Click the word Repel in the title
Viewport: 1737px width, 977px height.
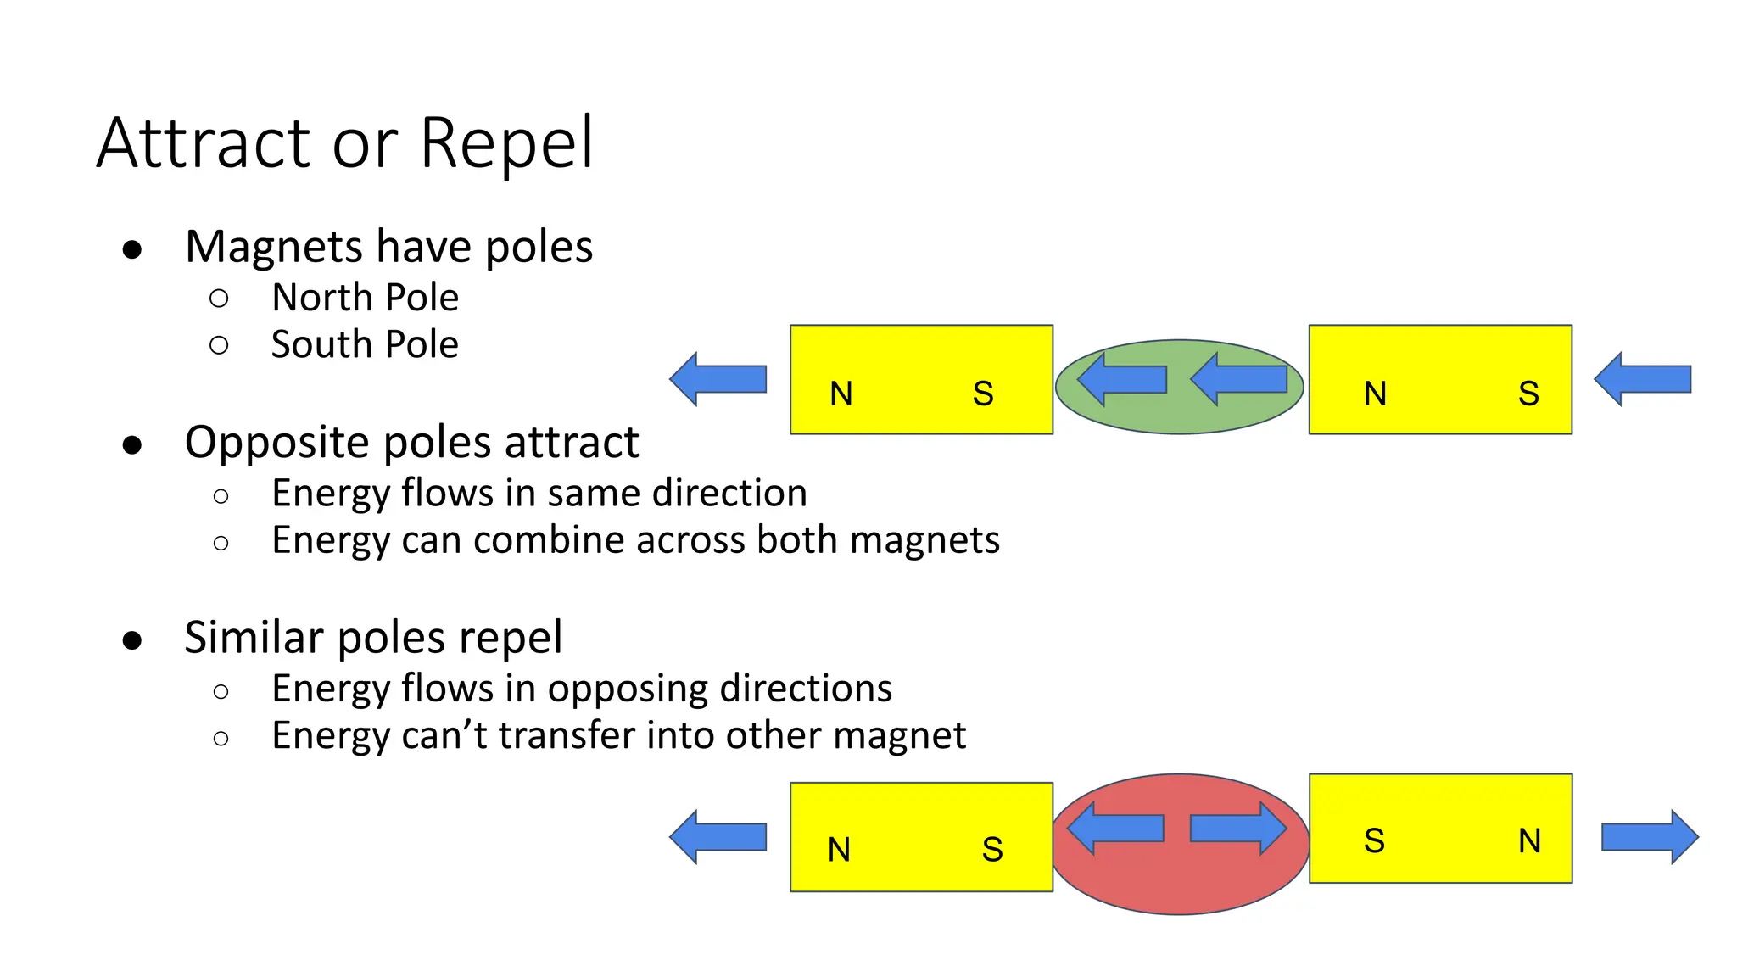pyautogui.click(x=506, y=142)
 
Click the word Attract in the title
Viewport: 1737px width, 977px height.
pyautogui.click(x=204, y=142)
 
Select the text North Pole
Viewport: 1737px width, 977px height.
pyautogui.click(x=365, y=298)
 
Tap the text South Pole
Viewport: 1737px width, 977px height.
pyautogui.click(x=365, y=344)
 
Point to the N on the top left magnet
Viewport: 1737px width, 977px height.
pyautogui.click(x=841, y=394)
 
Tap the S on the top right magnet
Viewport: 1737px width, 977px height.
pyautogui.click(x=1528, y=394)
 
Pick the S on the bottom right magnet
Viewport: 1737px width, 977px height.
pyautogui.click(x=1374, y=840)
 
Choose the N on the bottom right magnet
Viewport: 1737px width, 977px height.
pyautogui.click(x=1529, y=840)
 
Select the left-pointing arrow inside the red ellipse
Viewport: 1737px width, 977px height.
pyautogui.click(x=1114, y=828)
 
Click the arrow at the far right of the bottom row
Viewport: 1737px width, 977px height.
pyautogui.click(x=1650, y=837)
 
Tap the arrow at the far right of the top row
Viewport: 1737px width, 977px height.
pyautogui.click(x=1643, y=379)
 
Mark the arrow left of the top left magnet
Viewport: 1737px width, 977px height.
pyautogui.click(x=718, y=379)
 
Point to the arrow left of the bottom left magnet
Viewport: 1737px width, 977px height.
pyautogui.click(x=718, y=837)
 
